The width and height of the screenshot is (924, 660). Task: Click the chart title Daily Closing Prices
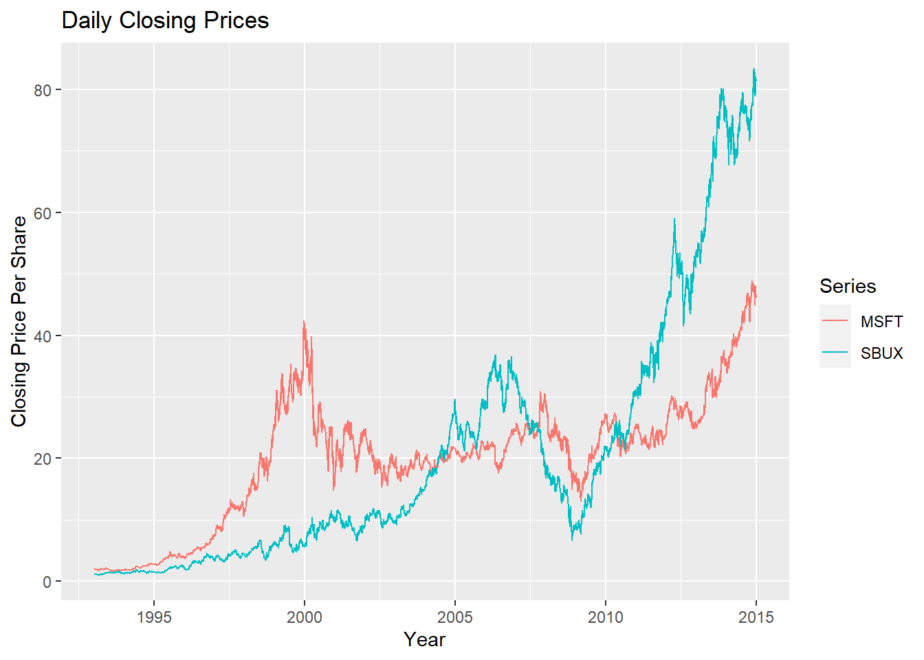165,21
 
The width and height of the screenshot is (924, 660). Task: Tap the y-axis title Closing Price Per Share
19,321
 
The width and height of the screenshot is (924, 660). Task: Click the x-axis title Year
424,639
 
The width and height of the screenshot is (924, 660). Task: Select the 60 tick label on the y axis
43,213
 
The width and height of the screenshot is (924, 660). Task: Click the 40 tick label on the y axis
43,336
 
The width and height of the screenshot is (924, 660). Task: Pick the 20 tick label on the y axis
43,459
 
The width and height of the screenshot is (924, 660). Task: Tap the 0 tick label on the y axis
47,582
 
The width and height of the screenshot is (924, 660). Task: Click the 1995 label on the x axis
154,617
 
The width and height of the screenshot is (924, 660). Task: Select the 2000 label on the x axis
305,617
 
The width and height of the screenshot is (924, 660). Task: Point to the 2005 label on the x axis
455,617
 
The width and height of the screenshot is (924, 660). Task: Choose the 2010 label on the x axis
606,617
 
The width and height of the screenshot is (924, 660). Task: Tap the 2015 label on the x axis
756,617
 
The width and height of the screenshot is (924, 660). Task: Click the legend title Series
848,286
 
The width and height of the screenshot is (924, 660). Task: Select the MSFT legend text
881,322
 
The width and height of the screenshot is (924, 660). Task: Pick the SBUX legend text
881,353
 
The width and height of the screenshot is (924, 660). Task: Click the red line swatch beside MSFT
835,322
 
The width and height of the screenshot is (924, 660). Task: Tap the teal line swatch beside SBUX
835,353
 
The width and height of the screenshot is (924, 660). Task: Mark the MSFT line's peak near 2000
304,322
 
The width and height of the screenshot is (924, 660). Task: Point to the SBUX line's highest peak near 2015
754,69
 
